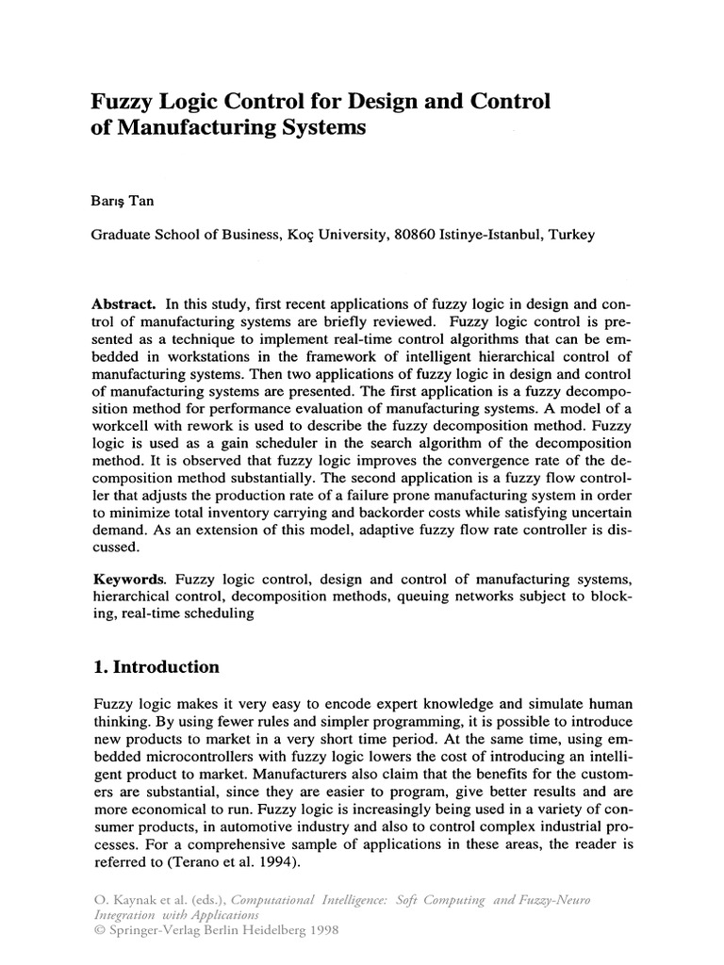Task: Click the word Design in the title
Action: (x=365, y=100)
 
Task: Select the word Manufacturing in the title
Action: (x=179, y=127)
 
